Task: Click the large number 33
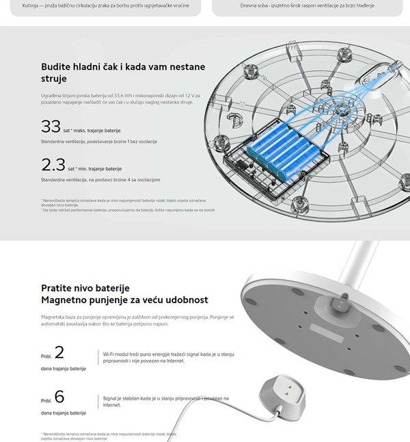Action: (x=51, y=127)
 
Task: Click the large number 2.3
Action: (x=53, y=165)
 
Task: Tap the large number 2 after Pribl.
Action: (x=59, y=353)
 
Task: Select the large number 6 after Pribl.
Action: (x=59, y=397)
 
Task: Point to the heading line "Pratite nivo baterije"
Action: (x=85, y=288)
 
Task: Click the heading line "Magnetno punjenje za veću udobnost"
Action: (x=124, y=300)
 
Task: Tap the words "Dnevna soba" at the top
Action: (x=256, y=5)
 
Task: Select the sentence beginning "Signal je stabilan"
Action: (x=165, y=401)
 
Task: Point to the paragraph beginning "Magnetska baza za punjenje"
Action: (x=137, y=320)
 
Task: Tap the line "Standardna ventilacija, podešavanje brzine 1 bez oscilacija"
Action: (x=99, y=142)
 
